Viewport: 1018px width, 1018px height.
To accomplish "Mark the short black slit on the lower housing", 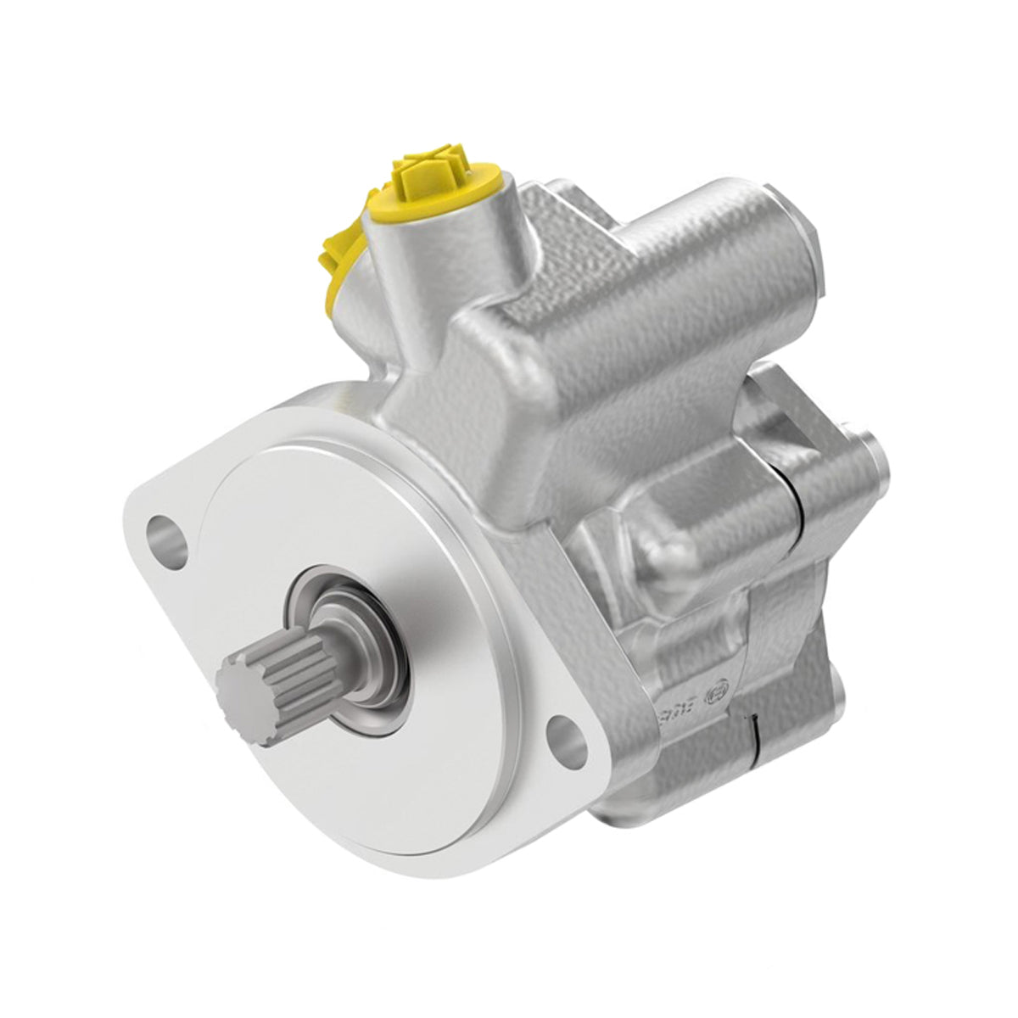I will coord(753,728).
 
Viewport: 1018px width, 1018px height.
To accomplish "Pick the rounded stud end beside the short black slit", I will coord(836,683).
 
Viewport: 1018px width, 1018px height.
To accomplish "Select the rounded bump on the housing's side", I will coord(670,551).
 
